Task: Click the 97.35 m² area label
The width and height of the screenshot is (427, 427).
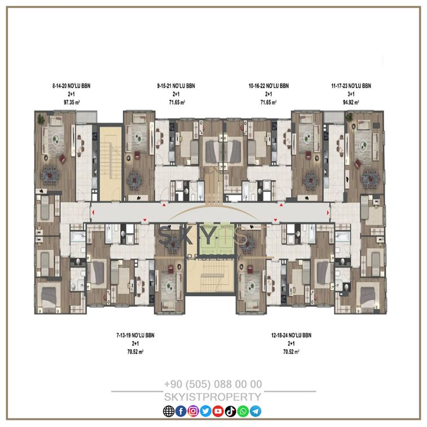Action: [72, 102]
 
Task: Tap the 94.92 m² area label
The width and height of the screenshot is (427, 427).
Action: [351, 102]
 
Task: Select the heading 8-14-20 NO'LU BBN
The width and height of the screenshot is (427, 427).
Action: [71, 86]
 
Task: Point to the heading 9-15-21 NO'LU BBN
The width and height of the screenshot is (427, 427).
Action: [176, 86]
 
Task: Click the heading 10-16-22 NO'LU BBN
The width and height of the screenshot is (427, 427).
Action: [268, 86]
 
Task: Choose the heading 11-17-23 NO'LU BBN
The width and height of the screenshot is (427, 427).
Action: [351, 86]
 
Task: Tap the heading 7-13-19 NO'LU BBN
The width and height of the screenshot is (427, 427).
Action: [136, 335]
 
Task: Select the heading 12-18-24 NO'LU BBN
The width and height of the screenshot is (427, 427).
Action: [291, 335]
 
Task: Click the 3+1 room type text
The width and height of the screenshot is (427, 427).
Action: [351, 94]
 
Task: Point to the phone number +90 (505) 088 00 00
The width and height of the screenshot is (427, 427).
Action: [213, 384]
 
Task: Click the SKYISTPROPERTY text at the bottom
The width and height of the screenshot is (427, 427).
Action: [213, 396]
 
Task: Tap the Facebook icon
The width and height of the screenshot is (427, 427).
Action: [181, 411]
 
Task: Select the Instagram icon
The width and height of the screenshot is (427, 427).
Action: [193, 411]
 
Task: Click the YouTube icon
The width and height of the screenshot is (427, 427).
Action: [218, 411]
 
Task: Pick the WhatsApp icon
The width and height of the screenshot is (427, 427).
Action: [243, 411]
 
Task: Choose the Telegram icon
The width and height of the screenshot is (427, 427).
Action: [255, 411]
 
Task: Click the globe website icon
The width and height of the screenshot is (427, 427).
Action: [168, 411]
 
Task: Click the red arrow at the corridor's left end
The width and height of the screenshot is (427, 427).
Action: [93, 212]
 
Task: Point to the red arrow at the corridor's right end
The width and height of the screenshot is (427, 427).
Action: [328, 212]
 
